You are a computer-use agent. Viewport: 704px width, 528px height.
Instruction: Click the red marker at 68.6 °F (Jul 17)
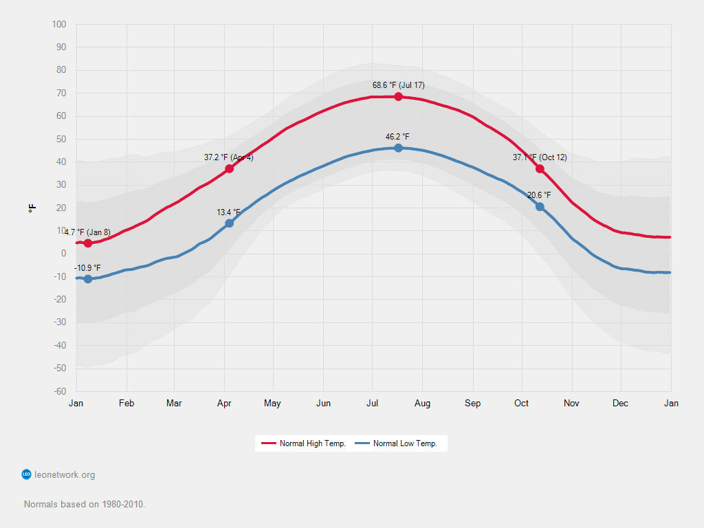(x=398, y=96)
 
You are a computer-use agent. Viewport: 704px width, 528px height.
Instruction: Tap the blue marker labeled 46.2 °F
(x=398, y=148)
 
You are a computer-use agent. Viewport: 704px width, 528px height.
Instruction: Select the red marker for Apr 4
(x=229, y=168)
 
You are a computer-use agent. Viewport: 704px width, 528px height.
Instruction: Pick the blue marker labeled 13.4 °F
(x=229, y=223)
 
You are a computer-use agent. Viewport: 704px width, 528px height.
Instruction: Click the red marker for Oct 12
(x=540, y=169)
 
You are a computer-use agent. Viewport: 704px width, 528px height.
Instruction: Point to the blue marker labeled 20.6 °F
(x=540, y=207)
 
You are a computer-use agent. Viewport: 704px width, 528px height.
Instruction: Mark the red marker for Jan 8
(x=88, y=243)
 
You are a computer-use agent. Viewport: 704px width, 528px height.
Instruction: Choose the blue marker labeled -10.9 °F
(x=88, y=279)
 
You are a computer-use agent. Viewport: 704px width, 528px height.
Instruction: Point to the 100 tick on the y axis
(x=59, y=25)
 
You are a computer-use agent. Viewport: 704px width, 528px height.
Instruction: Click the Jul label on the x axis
(x=373, y=404)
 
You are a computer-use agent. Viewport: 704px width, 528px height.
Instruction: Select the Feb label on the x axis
(x=126, y=404)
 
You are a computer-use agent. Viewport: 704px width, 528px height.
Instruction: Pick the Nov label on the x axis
(x=571, y=404)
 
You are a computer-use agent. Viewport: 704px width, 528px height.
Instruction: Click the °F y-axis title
(x=32, y=208)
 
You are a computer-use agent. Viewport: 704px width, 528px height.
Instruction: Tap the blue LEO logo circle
(x=27, y=474)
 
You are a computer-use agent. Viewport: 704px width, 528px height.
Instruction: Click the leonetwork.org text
(x=65, y=474)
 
